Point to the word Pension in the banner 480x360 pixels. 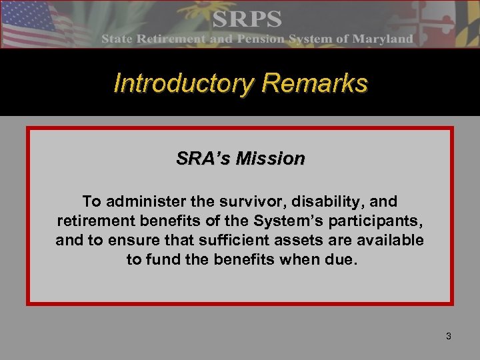coord(251,39)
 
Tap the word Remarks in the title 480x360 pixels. coord(315,83)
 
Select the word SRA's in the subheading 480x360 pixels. coord(202,159)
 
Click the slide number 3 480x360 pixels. coord(448,336)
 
